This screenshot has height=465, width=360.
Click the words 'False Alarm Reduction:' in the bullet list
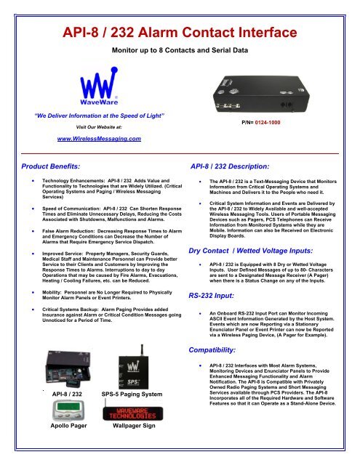click(80, 229)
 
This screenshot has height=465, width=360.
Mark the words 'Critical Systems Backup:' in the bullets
click(84, 307)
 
